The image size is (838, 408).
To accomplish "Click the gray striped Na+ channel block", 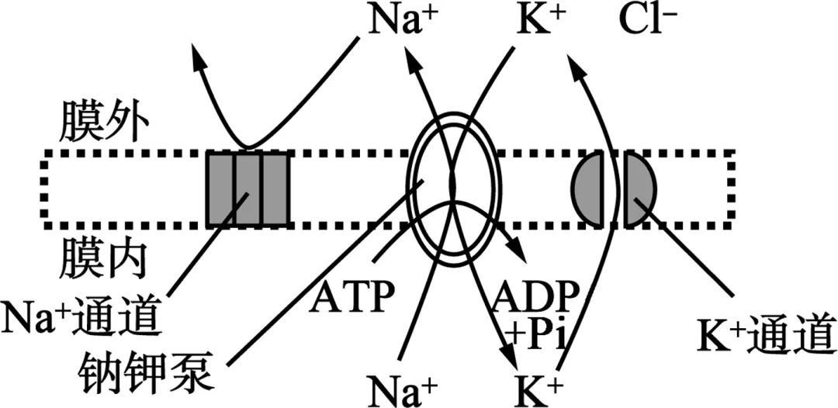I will (248, 189).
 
